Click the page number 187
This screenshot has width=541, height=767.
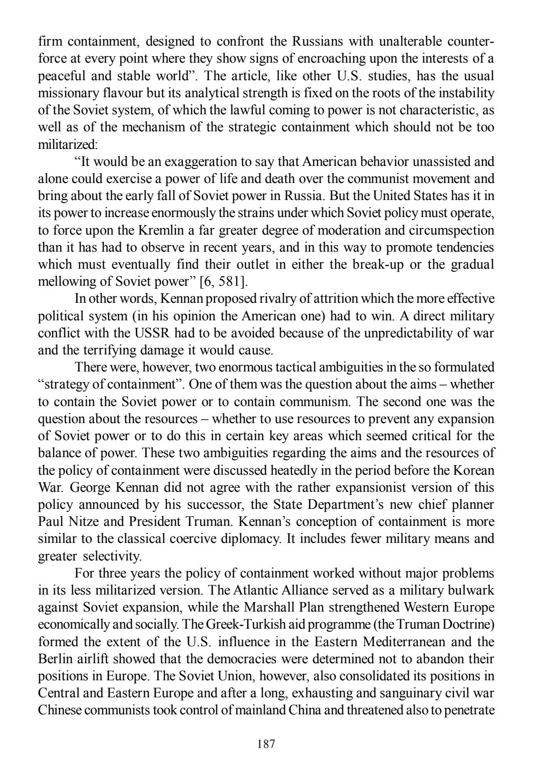(x=265, y=743)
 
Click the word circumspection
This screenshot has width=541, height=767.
(x=447, y=230)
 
